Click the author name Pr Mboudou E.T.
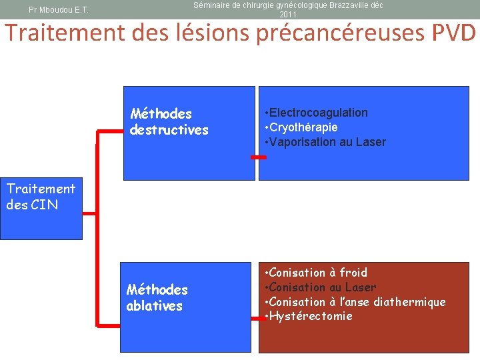[x=59, y=10]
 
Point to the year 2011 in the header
[x=288, y=15]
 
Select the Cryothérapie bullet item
[x=303, y=127]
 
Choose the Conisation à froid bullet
[x=317, y=272]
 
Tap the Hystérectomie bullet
[x=310, y=316]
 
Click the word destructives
[x=169, y=130]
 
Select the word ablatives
[x=155, y=306]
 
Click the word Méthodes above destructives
[x=161, y=114]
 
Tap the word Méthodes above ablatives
[x=157, y=290]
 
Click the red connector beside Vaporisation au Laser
[x=258, y=157]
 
